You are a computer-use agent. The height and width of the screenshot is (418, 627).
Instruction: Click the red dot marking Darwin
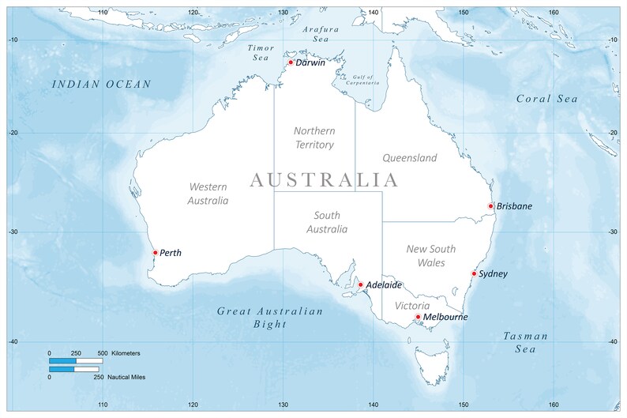point(291,62)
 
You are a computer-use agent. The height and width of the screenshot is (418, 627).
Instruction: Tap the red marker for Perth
point(155,253)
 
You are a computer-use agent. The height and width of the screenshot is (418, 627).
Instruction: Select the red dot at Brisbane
point(490,206)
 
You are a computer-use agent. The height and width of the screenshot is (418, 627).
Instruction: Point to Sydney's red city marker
point(474,274)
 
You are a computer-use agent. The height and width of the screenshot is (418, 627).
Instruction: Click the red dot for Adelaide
point(360,284)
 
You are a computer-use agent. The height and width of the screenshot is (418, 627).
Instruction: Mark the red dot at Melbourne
point(418,317)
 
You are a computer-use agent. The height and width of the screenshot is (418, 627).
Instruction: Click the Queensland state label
point(409,158)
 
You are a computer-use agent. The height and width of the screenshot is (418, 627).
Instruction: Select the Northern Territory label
point(314,137)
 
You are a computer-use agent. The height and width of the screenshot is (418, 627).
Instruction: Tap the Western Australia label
point(208,194)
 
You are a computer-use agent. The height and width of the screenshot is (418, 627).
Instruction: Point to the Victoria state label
point(412,305)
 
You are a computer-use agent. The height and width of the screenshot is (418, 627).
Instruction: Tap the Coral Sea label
point(546,99)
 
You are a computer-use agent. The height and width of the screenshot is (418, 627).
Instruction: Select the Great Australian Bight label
point(270,318)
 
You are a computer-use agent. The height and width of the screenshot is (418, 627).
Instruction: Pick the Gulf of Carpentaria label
point(360,79)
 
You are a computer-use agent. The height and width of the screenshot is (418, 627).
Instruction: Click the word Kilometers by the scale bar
point(127,352)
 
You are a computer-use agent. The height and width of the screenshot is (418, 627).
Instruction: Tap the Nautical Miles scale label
point(129,378)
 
